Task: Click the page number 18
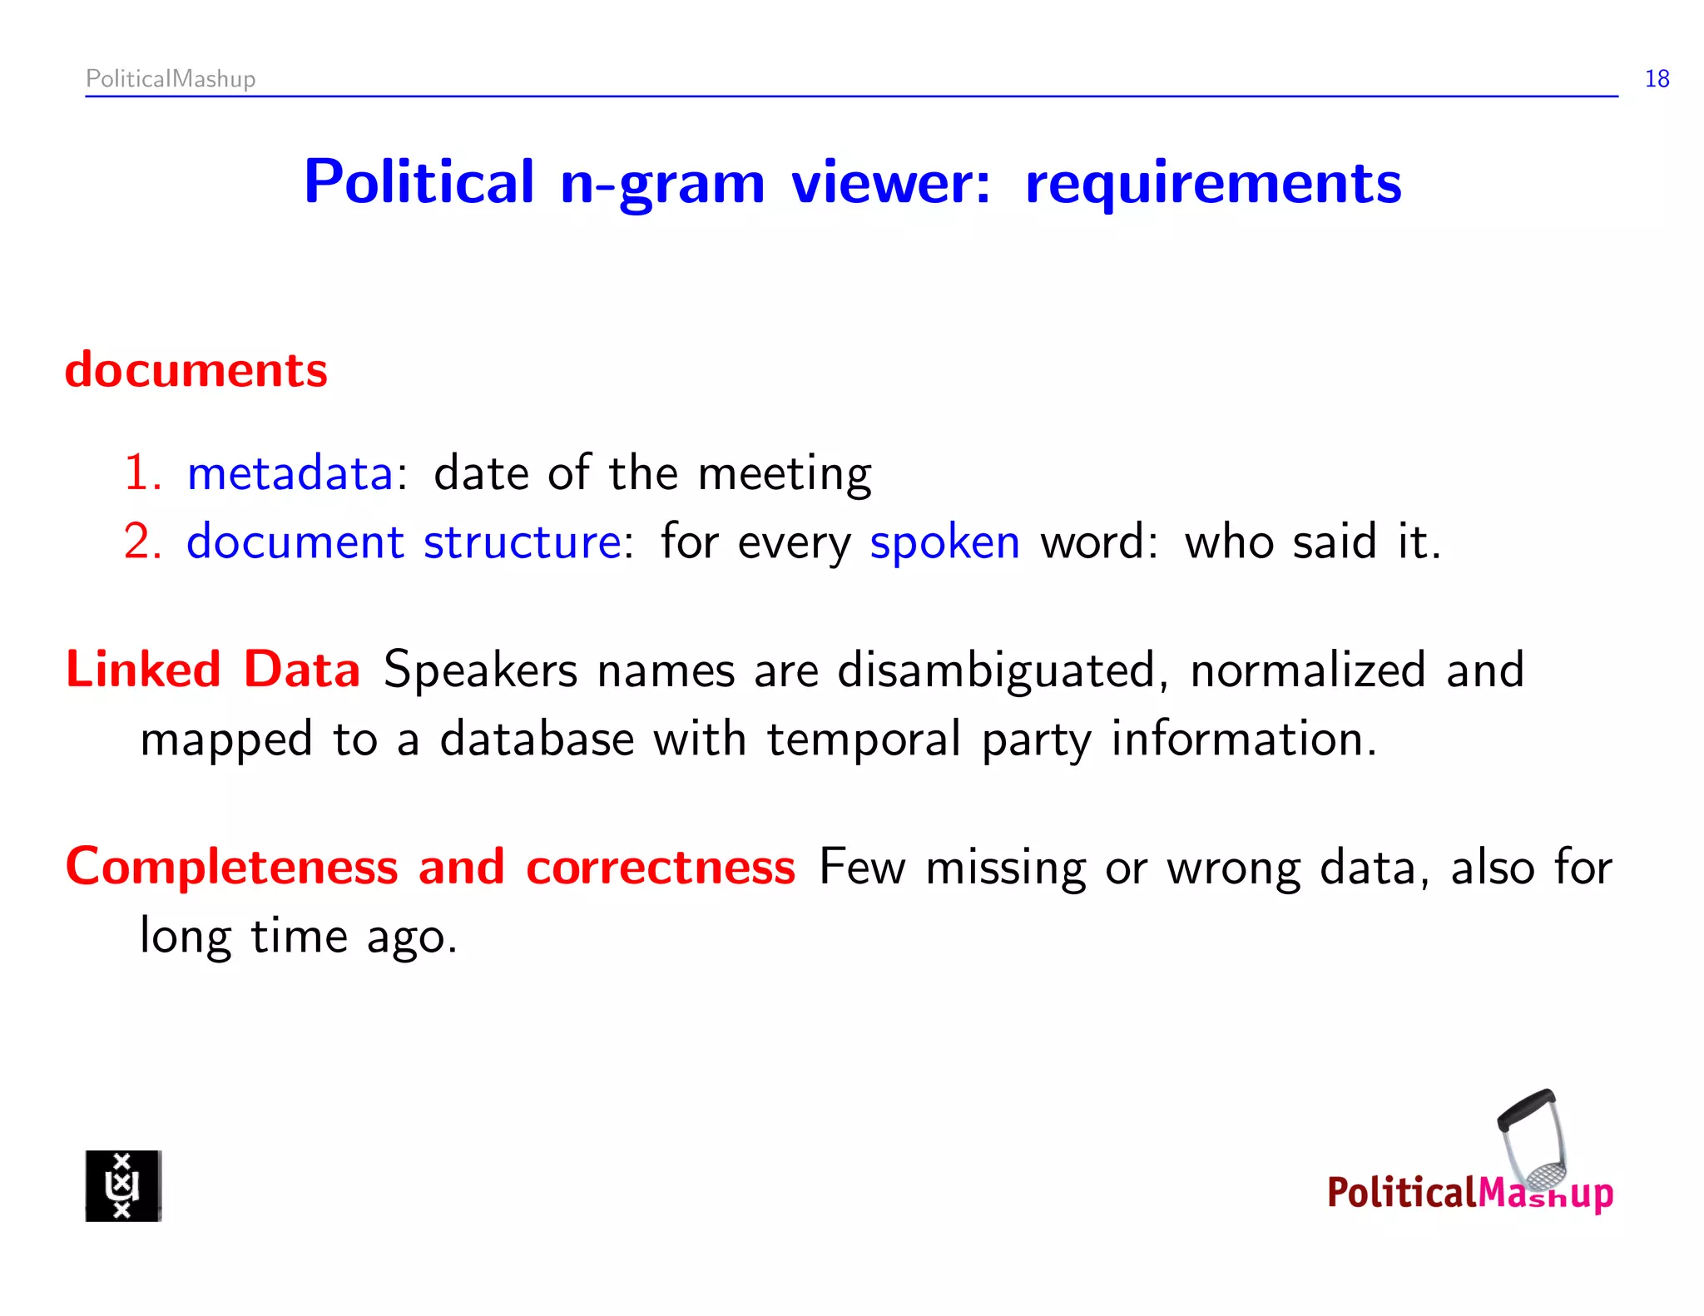1656,79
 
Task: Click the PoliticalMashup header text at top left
171,79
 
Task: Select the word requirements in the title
1213,183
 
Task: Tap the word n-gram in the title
662,183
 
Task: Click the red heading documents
196,370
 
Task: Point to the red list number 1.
140,473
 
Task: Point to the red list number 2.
140,542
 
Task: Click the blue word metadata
290,473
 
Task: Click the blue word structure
522,542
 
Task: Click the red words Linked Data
213,670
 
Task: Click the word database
537,739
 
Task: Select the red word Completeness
232,868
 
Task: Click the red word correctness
661,868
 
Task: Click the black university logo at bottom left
123,1185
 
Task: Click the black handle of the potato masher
1525,1110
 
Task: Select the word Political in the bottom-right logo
1400,1193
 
